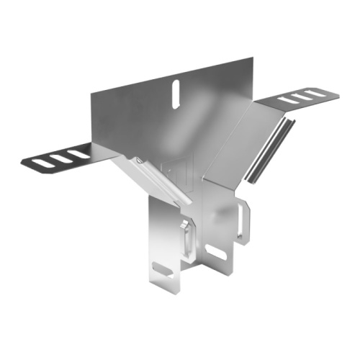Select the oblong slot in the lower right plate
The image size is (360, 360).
[x=215, y=252]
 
